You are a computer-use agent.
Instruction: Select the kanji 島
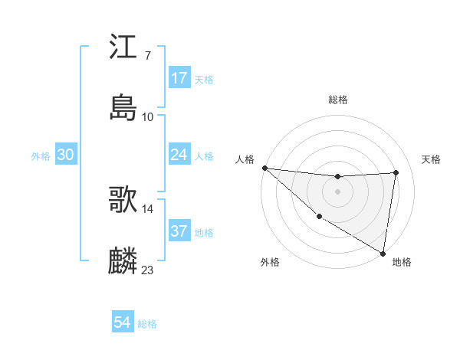tap(123, 108)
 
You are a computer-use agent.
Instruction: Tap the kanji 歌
tap(123, 200)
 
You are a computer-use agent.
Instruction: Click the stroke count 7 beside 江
tap(147, 56)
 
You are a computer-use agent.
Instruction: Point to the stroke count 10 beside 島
tap(148, 117)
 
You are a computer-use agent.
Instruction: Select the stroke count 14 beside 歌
tap(148, 208)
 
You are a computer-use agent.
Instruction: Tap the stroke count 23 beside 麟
tap(148, 270)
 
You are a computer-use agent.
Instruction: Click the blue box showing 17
tap(179, 78)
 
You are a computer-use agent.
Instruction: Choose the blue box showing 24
tap(179, 155)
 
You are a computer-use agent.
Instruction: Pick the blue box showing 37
tap(179, 231)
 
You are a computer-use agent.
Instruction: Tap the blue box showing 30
tap(66, 155)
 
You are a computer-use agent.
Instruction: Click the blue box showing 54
tap(123, 322)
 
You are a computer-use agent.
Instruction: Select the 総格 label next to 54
tap(148, 324)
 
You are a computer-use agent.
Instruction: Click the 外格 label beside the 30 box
tap(41, 156)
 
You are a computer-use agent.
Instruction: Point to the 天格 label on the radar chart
tap(431, 159)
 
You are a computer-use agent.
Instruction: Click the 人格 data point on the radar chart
tap(264, 168)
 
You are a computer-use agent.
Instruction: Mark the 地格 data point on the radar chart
tap(383, 252)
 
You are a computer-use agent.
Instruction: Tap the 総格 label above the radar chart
tap(338, 100)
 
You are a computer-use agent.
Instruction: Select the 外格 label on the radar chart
tap(270, 262)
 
